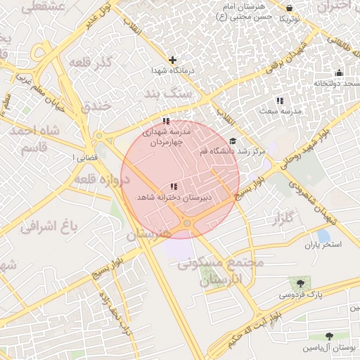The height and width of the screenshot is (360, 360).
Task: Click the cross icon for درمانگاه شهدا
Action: click(172, 60)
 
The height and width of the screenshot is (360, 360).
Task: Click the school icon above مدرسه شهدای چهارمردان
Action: click(166, 121)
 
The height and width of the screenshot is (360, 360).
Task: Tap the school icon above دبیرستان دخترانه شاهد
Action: click(174, 186)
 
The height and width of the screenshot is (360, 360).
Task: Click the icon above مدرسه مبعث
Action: click(280, 101)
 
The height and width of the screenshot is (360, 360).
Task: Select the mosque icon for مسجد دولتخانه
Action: click(339, 72)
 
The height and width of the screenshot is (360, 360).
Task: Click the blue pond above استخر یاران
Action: click(323, 236)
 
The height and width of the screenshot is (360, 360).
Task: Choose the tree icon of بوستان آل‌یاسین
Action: click(330, 337)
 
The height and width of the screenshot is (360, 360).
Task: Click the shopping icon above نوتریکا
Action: click(290, 8)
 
